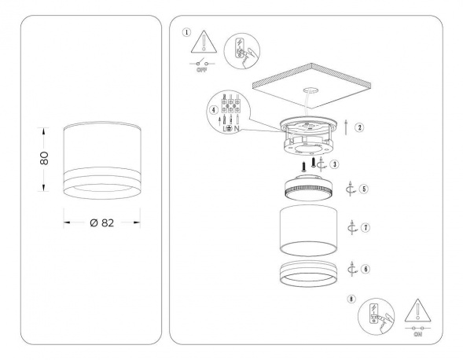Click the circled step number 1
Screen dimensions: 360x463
(x=186, y=32)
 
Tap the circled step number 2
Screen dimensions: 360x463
(x=359, y=127)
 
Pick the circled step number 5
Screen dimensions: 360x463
(x=363, y=189)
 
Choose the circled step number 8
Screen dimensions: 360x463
(x=351, y=300)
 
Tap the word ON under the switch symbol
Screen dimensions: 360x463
(x=415, y=333)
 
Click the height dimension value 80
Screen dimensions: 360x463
(x=45, y=158)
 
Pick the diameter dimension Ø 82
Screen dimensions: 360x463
(x=102, y=222)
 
